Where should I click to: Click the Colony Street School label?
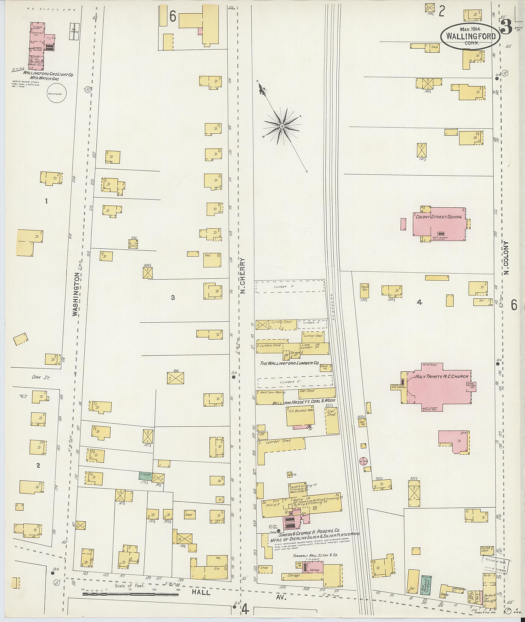[x=439, y=217]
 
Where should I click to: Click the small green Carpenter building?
[x=145, y=476]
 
